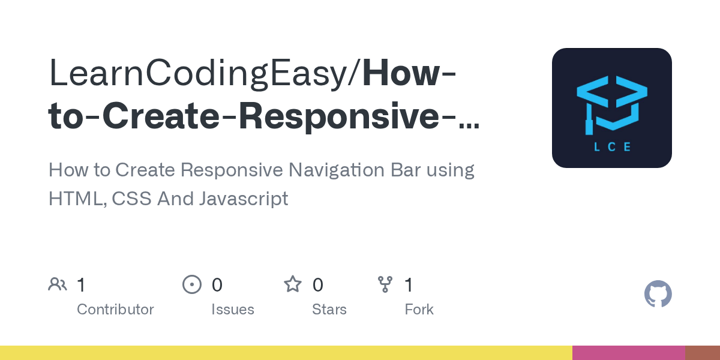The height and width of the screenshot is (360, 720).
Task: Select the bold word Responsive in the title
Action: (x=338, y=116)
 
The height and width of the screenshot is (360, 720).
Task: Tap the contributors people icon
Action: (x=58, y=284)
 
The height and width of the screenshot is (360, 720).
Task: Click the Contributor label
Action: (x=115, y=310)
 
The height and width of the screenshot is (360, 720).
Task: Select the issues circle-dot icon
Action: (x=192, y=284)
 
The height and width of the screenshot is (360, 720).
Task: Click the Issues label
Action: (x=233, y=310)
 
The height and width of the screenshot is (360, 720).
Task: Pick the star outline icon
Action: (x=293, y=284)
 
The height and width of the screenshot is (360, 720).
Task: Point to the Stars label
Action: (x=329, y=310)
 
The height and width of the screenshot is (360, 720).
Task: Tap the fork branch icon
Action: (x=385, y=284)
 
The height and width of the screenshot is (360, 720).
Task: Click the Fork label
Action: (x=419, y=310)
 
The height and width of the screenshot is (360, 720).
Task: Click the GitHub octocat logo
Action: (x=658, y=294)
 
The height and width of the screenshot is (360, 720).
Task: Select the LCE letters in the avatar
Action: (x=612, y=146)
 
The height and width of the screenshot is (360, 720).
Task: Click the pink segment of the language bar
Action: (x=629, y=353)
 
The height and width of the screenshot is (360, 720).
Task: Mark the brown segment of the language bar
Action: (x=703, y=353)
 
